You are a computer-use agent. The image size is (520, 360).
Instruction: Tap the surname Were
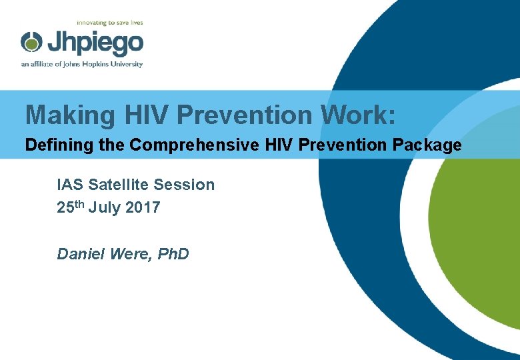click(x=127, y=254)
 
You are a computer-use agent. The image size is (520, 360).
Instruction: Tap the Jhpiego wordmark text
click(x=94, y=43)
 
